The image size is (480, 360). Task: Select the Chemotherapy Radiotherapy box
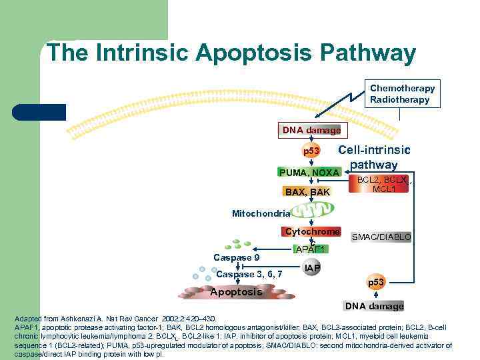tap(402, 94)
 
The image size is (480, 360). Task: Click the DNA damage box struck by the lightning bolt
tap(310, 130)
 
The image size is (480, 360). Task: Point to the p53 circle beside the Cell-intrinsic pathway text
tap(311, 151)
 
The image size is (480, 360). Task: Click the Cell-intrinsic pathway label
tap(374, 157)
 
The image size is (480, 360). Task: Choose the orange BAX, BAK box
tap(307, 192)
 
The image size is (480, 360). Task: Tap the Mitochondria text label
tap(261, 213)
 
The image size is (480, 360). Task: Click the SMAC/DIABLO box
tap(381, 237)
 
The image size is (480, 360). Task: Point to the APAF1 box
tap(309, 249)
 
